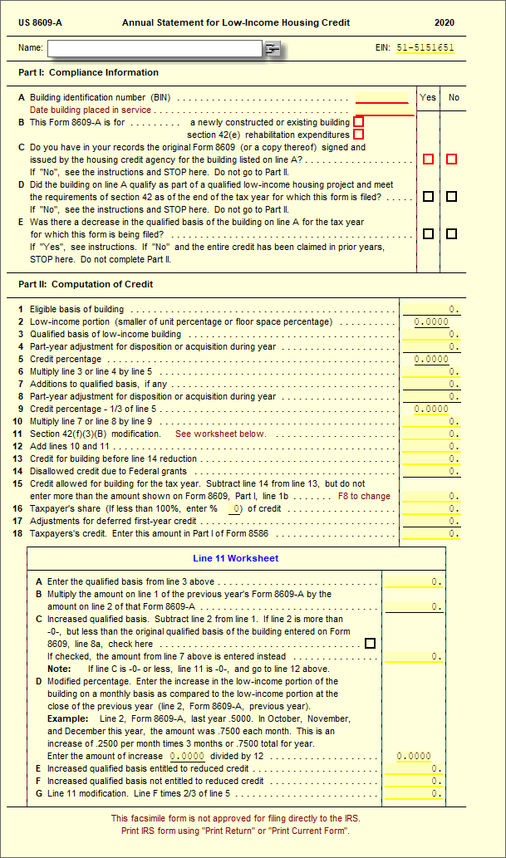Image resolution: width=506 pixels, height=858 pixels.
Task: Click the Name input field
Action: click(155, 49)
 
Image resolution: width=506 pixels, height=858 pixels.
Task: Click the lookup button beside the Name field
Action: click(272, 50)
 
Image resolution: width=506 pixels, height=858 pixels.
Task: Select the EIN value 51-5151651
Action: click(425, 48)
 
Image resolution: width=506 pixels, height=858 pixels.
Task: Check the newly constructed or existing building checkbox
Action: click(358, 122)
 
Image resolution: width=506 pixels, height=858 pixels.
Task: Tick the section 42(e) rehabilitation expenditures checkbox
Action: click(358, 135)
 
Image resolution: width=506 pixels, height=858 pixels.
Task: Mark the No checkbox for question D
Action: click(451, 197)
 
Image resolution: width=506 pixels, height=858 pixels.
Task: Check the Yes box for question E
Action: click(428, 234)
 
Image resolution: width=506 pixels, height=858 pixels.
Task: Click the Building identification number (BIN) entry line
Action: click(382, 97)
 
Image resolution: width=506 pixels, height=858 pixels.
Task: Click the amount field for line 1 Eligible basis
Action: click(431, 310)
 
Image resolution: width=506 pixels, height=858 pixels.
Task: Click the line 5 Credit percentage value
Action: click(431, 360)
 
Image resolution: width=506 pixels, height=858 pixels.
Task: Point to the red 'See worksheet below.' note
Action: click(220, 434)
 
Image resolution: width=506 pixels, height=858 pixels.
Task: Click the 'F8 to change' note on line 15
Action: click(364, 496)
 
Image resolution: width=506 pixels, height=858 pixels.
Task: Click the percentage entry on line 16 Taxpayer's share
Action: click(236, 508)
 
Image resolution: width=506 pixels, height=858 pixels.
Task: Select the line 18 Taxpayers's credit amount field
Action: click(431, 533)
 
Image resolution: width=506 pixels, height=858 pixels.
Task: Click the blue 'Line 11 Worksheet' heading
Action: click(235, 558)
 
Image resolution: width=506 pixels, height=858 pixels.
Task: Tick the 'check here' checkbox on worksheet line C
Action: click(370, 644)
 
